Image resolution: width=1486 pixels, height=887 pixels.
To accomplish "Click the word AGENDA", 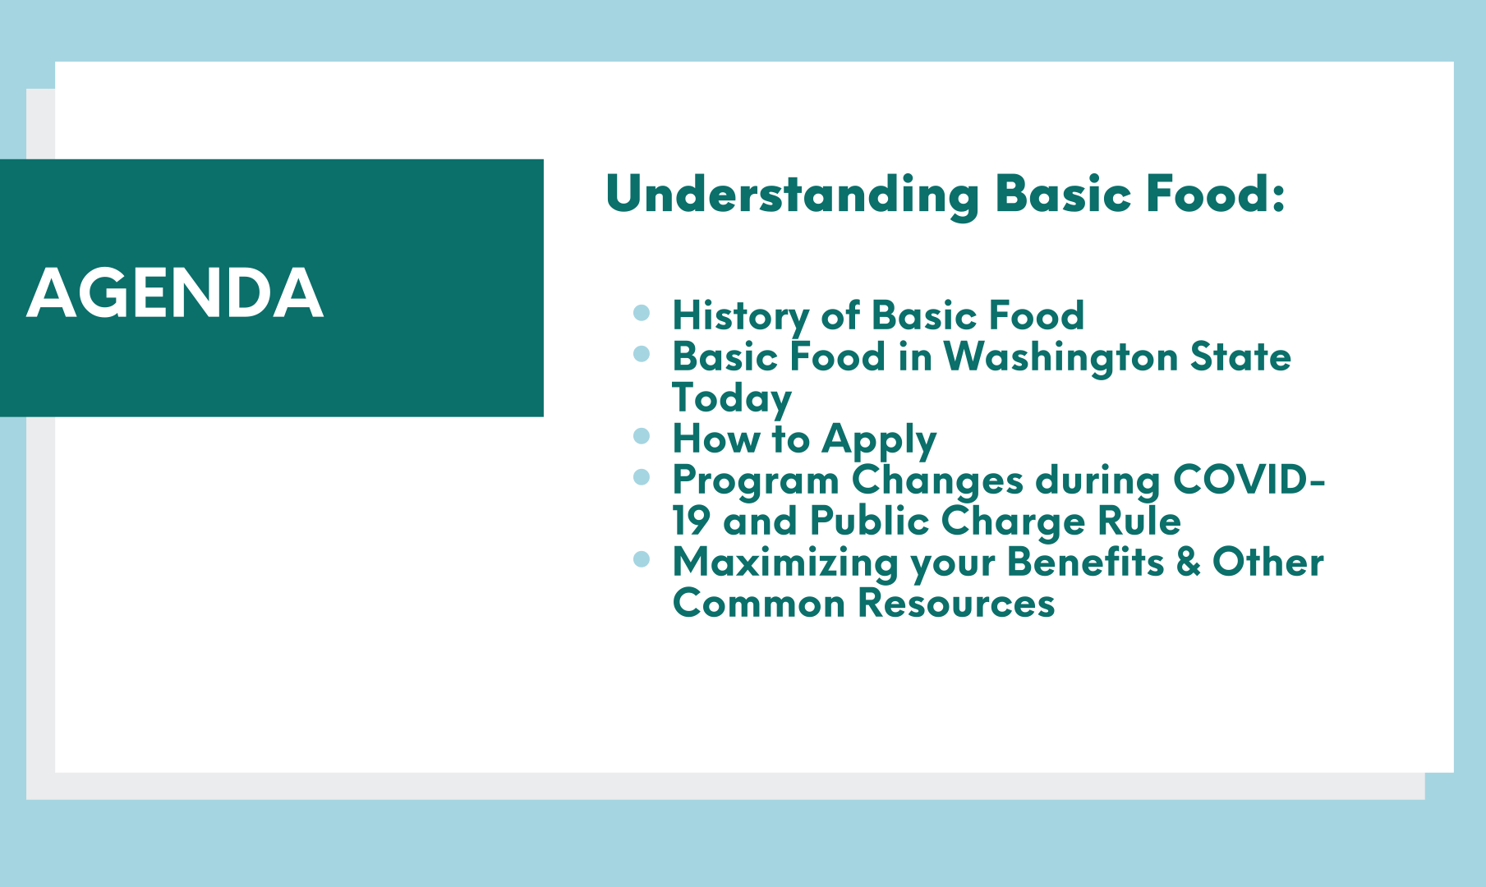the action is tap(175, 293).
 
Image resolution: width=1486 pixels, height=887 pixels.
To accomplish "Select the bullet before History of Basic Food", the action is tap(642, 312).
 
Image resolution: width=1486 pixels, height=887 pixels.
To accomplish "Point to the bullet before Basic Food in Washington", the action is tap(642, 353).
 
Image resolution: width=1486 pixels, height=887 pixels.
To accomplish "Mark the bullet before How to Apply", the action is tap(642, 435).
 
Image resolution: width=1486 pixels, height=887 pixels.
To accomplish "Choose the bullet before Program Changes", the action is tap(642, 476).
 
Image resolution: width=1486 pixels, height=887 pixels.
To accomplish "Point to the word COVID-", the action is tap(1249, 480).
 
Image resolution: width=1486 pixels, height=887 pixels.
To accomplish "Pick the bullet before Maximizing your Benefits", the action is tap(642, 559).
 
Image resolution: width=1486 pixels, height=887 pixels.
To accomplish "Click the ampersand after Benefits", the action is tap(1188, 563).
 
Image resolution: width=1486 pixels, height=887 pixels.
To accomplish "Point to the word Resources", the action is tap(956, 604).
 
